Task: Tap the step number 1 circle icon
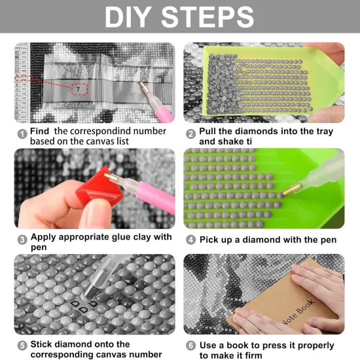point(22,133)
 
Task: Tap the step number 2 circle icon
point(191,133)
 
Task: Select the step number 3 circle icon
point(22,239)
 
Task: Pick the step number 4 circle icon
point(191,240)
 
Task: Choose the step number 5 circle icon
point(22,345)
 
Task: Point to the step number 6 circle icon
point(191,346)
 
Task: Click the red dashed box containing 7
point(80,87)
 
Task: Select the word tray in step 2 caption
point(318,132)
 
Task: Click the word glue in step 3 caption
point(117,237)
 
